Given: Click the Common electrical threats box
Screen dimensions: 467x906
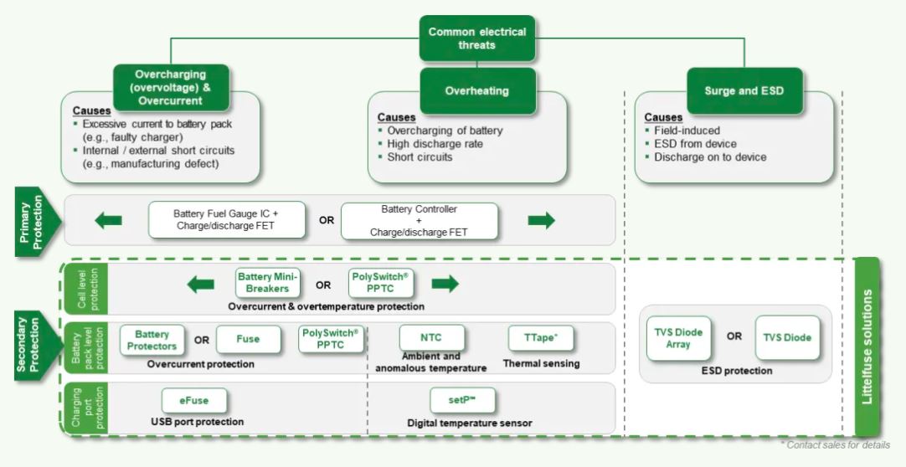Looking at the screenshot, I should tap(476, 38).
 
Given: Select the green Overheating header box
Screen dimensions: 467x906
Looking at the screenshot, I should tap(476, 90).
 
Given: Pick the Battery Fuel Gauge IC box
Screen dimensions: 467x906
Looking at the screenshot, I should tap(228, 220).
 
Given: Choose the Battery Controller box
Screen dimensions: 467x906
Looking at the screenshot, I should tap(419, 220).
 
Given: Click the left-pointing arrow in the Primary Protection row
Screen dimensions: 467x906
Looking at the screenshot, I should tap(108, 221).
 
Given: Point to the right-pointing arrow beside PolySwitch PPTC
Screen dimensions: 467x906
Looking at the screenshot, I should tap(445, 285).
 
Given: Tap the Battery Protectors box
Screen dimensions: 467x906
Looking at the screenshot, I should tap(152, 339).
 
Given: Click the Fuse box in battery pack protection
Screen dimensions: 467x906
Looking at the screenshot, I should tap(248, 339).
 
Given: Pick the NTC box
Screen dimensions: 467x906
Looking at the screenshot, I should tap(431, 338).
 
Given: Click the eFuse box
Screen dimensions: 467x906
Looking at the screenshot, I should tap(195, 400).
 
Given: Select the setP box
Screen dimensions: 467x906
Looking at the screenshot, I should tap(463, 400).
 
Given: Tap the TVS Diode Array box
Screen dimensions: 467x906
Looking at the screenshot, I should tap(679, 338).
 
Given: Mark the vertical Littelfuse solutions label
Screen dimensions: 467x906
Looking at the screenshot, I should tap(867, 347).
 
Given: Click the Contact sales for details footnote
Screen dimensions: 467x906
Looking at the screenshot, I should tap(835, 445).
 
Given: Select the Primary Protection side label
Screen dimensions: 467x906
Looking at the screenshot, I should tap(34, 222).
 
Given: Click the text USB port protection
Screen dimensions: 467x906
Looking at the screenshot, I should tap(197, 422).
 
